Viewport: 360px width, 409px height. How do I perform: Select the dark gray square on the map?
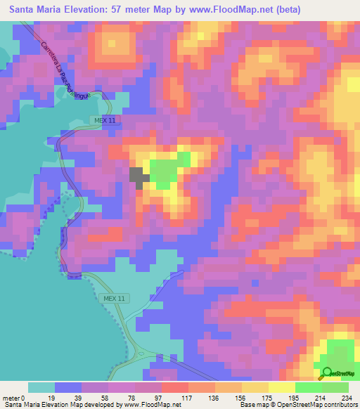(139, 177)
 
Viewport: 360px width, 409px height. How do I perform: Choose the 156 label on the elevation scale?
(241, 397)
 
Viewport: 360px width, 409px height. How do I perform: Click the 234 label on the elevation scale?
(348, 397)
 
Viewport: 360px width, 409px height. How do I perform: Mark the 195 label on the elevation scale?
(295, 397)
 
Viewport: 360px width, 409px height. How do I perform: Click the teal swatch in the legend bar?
(41, 387)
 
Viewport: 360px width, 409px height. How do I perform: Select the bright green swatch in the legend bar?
(309, 387)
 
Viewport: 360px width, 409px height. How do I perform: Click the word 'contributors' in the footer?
(339, 405)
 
